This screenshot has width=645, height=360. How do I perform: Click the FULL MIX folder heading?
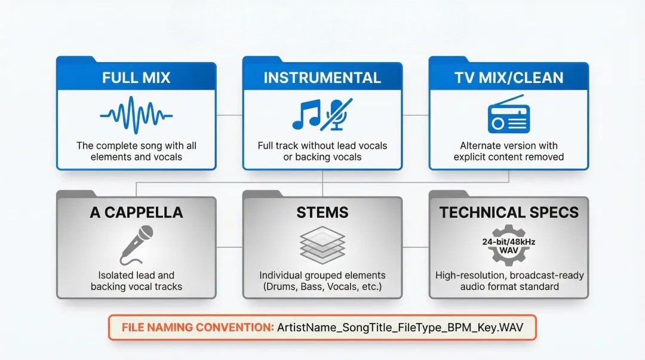[136, 78]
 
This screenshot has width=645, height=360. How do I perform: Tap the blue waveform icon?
[136, 114]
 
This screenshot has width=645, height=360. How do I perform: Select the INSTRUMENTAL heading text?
[322, 78]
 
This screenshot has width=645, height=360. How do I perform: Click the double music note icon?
[306, 115]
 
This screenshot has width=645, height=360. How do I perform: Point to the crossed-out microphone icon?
[336, 114]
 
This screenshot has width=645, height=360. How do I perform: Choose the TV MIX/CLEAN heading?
[509, 78]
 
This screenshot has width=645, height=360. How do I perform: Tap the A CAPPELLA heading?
[136, 213]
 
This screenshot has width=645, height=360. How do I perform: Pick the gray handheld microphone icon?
[135, 245]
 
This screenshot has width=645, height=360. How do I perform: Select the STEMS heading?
[322, 213]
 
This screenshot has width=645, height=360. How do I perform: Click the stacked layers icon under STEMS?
[322, 245]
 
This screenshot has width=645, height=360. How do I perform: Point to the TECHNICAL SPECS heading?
[509, 213]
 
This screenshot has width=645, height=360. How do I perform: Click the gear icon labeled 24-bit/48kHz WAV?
[509, 245]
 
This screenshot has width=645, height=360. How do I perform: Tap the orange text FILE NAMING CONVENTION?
[197, 328]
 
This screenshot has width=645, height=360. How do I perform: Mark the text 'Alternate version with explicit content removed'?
[509, 151]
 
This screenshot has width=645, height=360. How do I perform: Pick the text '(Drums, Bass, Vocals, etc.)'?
[322, 287]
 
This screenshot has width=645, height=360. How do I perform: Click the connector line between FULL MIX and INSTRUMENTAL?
[229, 114]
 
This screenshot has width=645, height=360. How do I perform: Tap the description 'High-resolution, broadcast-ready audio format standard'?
[509, 281]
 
